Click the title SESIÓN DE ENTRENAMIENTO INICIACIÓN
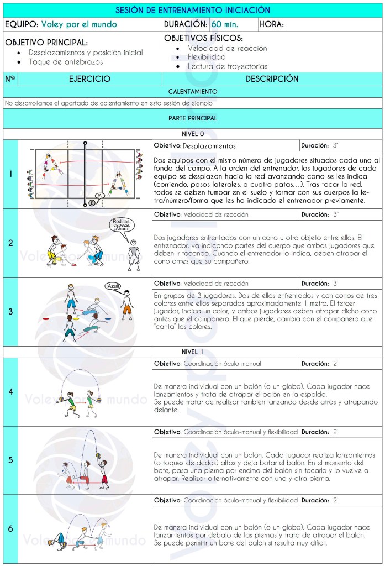[192, 11]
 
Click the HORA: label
[274, 25]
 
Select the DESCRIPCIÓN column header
[272, 79]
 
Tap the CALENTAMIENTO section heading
[192, 92]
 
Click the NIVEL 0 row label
[192, 134]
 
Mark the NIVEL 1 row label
[192, 352]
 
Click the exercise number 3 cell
[10, 312]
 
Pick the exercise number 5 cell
[10, 460]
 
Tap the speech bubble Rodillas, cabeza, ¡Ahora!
[121, 227]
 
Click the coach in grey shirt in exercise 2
[133, 254]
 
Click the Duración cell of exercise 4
[320, 364]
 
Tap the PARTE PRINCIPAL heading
[192, 118]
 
